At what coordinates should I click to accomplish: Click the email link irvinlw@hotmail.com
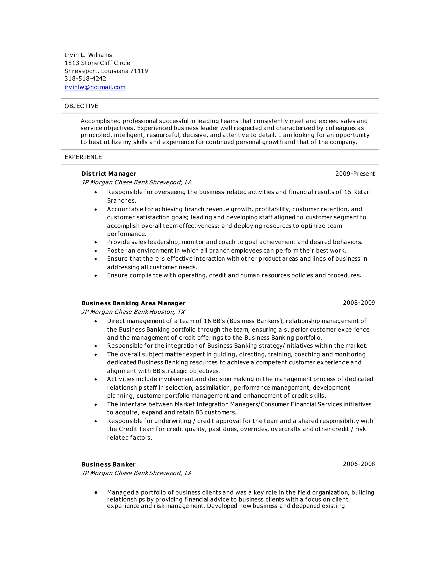(x=95, y=87)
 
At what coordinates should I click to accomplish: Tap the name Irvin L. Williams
(x=88, y=55)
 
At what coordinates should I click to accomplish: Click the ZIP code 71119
(x=139, y=71)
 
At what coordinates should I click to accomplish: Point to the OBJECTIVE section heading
(x=81, y=106)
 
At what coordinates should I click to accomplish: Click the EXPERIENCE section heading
(x=83, y=157)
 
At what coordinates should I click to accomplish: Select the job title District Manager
(x=108, y=174)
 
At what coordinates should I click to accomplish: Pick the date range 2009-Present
(x=355, y=174)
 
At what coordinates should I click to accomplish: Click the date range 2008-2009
(x=359, y=303)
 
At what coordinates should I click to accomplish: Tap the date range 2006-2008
(x=359, y=464)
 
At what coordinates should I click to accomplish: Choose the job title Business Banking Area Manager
(x=133, y=303)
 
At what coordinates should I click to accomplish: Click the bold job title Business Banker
(x=108, y=465)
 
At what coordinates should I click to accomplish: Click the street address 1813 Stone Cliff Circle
(x=97, y=63)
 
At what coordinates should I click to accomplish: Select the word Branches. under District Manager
(x=122, y=201)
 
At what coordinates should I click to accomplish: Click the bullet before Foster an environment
(x=96, y=251)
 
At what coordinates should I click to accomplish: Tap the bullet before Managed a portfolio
(x=96, y=493)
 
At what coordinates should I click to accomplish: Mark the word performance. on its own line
(x=127, y=234)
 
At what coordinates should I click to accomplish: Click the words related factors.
(x=129, y=438)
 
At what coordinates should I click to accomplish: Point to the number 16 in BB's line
(x=207, y=321)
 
